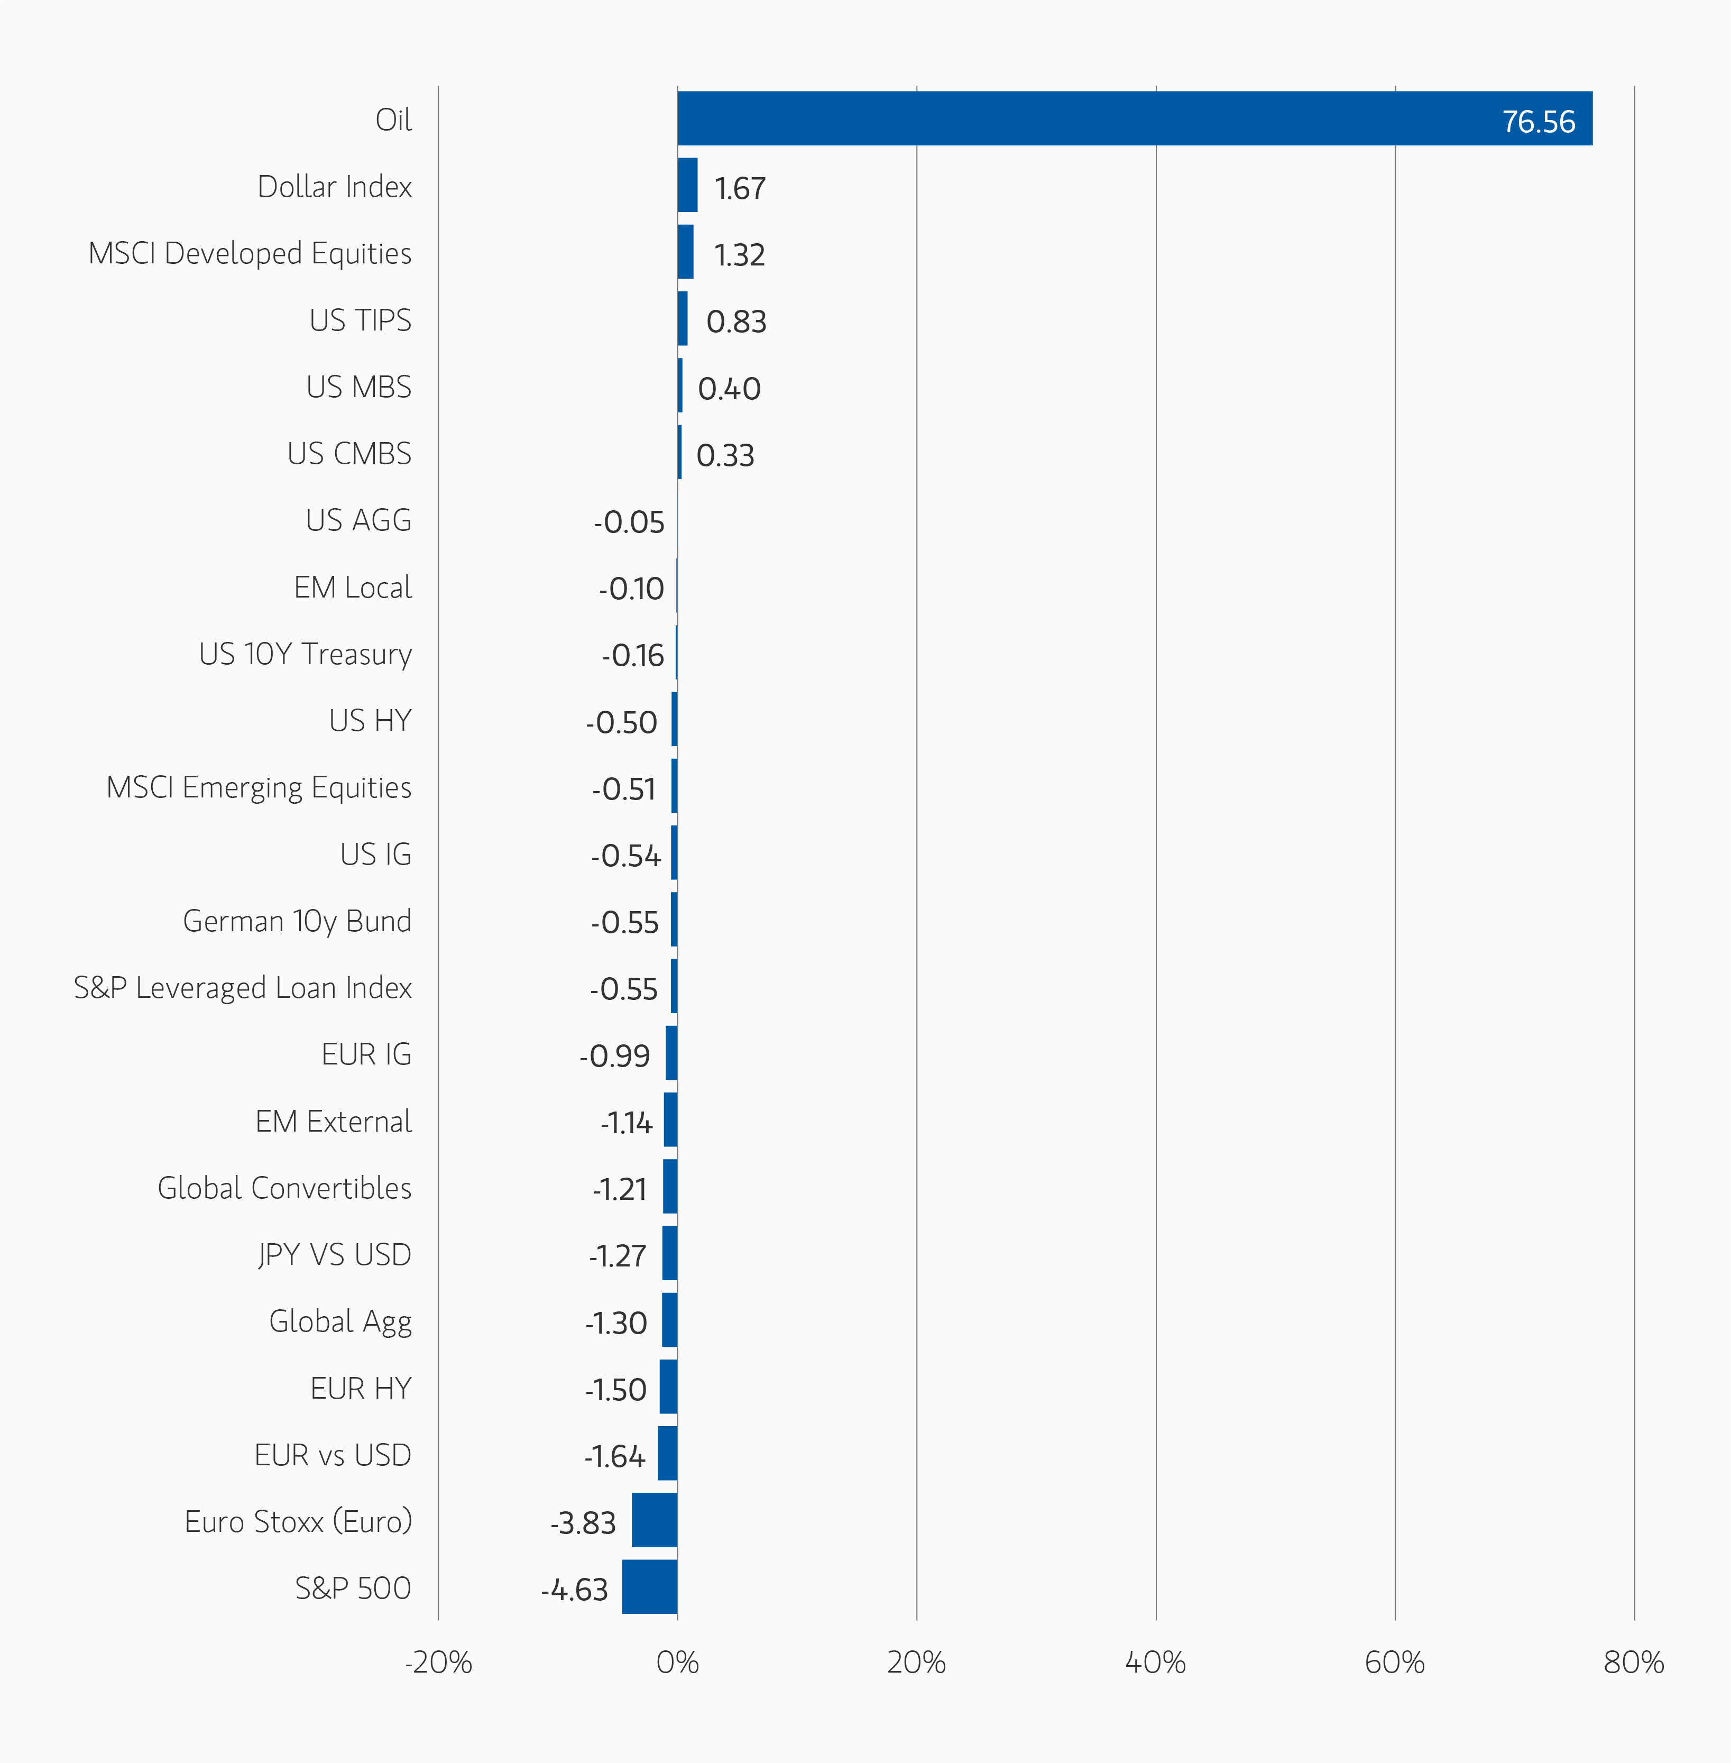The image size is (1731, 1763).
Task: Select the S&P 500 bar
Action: click(x=649, y=1586)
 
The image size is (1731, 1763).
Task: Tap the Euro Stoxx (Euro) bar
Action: click(x=655, y=1519)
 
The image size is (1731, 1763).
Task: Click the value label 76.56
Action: click(x=1537, y=122)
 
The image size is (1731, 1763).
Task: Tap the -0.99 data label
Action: click(x=614, y=1055)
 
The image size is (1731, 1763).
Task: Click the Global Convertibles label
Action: click(x=284, y=1188)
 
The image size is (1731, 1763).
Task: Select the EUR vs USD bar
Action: click(x=667, y=1453)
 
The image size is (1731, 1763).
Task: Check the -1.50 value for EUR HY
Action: click(x=615, y=1389)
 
